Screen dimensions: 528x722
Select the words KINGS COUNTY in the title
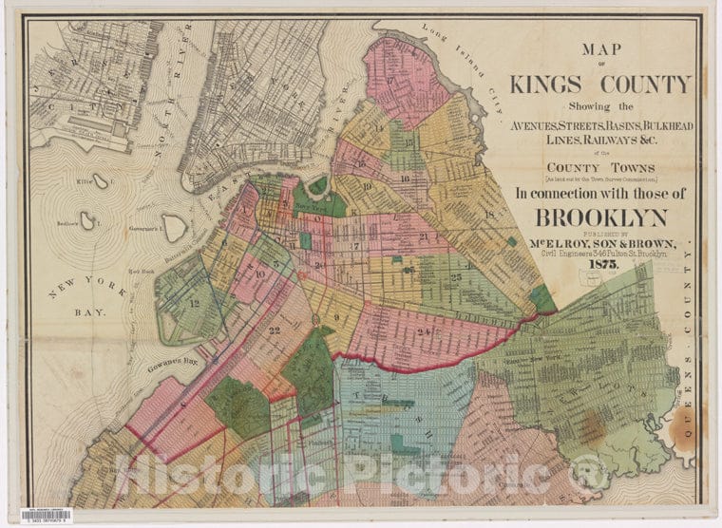(x=598, y=84)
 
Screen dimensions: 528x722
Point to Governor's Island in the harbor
(x=173, y=225)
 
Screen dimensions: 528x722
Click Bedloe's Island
(x=87, y=220)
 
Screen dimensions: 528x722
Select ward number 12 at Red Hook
(x=194, y=303)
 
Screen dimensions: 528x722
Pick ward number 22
(x=275, y=330)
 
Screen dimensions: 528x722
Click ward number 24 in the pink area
(x=421, y=331)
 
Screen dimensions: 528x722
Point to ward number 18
(x=490, y=216)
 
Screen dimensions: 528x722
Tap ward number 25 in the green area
(x=457, y=277)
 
